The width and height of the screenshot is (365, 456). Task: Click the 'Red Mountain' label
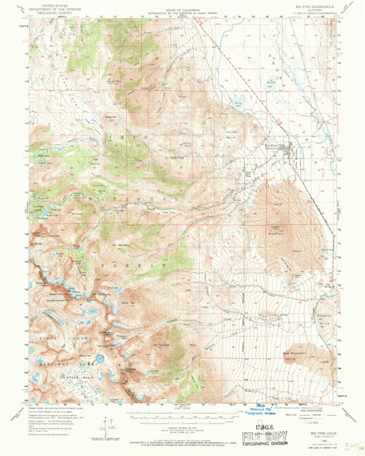click(294, 354)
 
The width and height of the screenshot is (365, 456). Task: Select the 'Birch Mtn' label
click(129, 302)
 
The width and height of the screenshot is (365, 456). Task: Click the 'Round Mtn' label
click(113, 81)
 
